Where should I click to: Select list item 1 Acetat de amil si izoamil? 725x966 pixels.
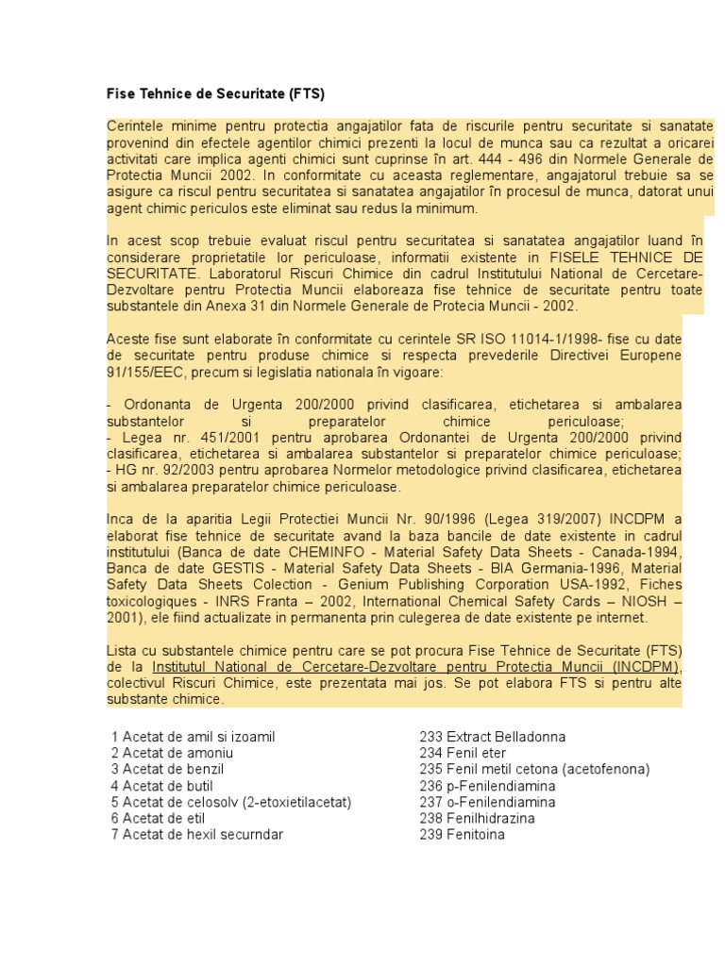tap(193, 737)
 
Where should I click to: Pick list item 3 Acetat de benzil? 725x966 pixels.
tap(169, 769)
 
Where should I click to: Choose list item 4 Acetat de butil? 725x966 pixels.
tap(161, 786)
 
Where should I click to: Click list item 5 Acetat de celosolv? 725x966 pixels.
tap(230, 802)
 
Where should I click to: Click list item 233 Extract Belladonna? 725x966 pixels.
tap(492, 737)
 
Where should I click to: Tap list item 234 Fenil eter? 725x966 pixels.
tap(463, 753)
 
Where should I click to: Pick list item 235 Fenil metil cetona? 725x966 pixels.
tap(534, 769)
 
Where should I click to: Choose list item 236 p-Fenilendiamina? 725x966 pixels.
tap(487, 786)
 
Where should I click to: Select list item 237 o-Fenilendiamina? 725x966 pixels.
tap(487, 802)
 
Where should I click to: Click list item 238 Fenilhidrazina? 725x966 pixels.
tap(477, 818)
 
